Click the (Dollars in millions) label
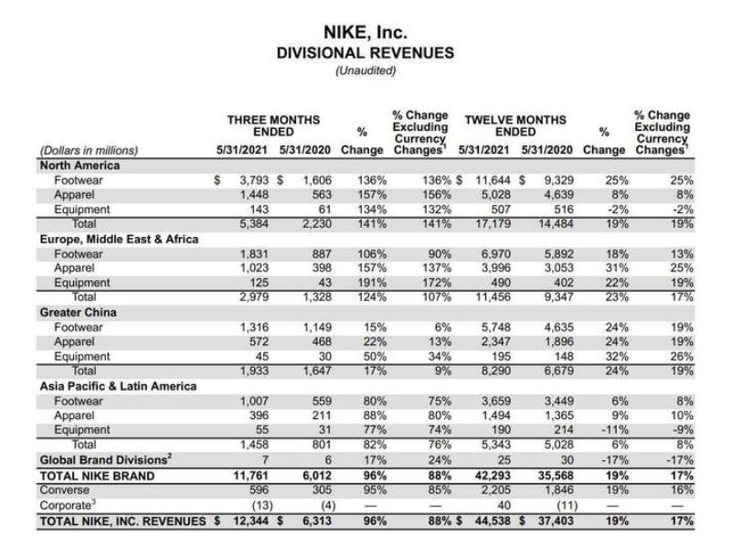(90, 150)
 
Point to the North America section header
(79, 166)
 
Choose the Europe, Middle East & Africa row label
(119, 239)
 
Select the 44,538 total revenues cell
(489, 521)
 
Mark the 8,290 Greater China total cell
(493, 371)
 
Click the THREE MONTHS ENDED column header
(273, 125)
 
